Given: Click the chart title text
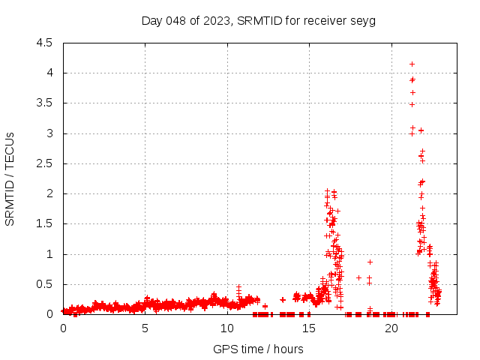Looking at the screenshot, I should (x=258, y=20).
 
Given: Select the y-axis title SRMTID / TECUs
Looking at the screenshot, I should (x=10, y=178).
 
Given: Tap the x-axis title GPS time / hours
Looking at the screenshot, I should (x=258, y=349).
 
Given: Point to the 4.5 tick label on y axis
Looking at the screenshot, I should (x=45, y=43).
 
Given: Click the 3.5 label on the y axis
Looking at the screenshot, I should (x=45, y=103).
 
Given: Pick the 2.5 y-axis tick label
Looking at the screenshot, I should (x=45, y=163).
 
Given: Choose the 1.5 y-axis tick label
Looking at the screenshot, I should (x=45, y=223).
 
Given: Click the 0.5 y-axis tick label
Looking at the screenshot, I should (x=45, y=284).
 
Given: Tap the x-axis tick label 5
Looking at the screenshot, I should (x=145, y=328).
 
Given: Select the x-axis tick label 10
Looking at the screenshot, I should (x=227, y=328).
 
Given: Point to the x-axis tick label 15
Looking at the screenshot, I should (x=309, y=328).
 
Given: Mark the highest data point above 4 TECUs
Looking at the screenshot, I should (x=412, y=64).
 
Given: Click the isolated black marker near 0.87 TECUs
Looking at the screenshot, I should (x=370, y=262).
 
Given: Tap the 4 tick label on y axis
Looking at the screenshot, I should (x=49, y=73).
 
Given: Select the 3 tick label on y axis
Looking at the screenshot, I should (x=49, y=133).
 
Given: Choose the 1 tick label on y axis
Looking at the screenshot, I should (x=49, y=254).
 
